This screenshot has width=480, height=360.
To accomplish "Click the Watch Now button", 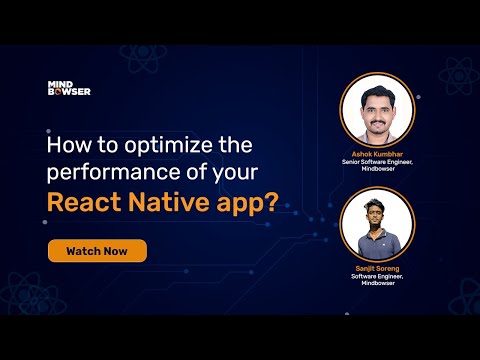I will (97, 250).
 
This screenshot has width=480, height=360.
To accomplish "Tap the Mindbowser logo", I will (69, 89).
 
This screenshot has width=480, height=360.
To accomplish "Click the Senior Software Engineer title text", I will (377, 164).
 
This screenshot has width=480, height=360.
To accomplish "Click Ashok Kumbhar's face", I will (376, 106).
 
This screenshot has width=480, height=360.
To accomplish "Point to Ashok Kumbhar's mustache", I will (376, 115).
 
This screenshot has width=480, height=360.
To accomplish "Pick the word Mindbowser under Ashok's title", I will (377, 172).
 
